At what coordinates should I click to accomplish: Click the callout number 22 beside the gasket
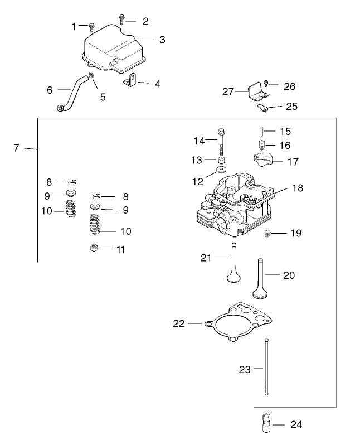[x=179, y=323]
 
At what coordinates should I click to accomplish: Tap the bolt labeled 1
[x=92, y=26]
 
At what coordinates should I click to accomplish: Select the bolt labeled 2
[x=123, y=20]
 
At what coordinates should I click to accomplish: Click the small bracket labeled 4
[x=129, y=81]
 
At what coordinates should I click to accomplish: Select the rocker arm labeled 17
[x=261, y=161]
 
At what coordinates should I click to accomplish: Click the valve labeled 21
[x=232, y=265]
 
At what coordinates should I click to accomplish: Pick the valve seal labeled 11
[x=94, y=248]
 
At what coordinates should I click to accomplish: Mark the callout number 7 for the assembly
[x=16, y=148]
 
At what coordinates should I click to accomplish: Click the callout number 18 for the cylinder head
[x=298, y=188]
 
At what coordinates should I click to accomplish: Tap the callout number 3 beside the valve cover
[x=162, y=40]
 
